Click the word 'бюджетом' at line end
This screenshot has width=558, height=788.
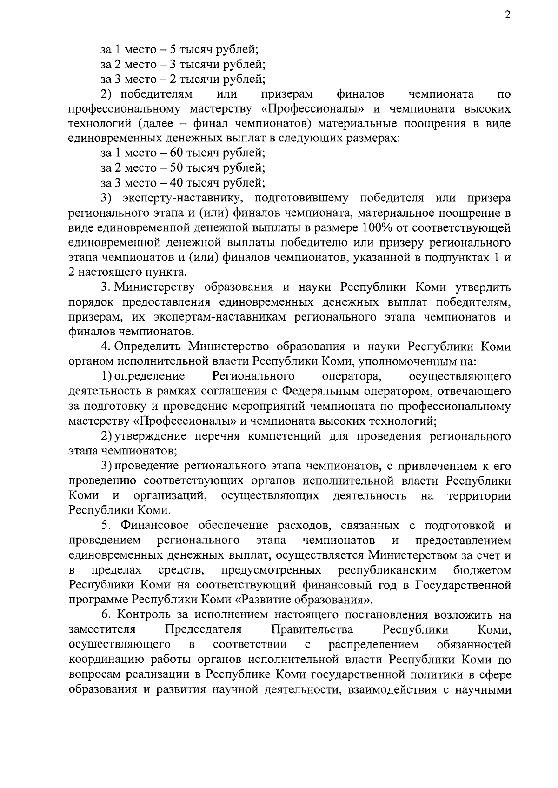[482, 570]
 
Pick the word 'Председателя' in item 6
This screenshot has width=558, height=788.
[203, 630]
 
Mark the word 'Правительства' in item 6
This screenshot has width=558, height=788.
[312, 630]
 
